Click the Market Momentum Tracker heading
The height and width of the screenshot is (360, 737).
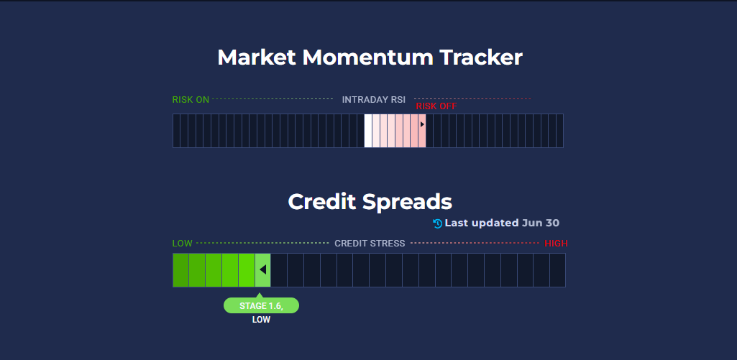point(370,57)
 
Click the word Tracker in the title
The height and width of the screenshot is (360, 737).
point(481,57)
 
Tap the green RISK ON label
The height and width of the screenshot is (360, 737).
point(191,100)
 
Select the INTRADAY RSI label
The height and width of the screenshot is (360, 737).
point(374,100)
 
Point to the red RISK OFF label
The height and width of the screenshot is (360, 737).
point(436,106)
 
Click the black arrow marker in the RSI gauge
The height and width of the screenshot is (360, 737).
point(422,124)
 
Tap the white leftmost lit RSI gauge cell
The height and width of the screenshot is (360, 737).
point(368,131)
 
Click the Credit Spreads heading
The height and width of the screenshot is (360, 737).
point(370,202)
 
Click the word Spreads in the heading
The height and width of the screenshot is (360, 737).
point(407,202)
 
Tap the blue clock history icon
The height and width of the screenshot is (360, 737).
point(438,223)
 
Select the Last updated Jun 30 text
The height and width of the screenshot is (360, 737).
point(502,223)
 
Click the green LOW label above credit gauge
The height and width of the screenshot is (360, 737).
point(183,244)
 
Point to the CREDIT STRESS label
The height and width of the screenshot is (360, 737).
point(370,244)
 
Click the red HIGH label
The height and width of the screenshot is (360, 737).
point(556,244)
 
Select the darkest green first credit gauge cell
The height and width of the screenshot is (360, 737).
point(180,270)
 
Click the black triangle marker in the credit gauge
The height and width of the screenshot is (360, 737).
point(262,269)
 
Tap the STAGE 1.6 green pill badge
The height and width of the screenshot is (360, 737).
point(261,305)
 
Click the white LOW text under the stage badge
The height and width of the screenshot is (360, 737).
point(261,320)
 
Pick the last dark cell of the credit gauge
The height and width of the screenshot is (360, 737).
point(557,270)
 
